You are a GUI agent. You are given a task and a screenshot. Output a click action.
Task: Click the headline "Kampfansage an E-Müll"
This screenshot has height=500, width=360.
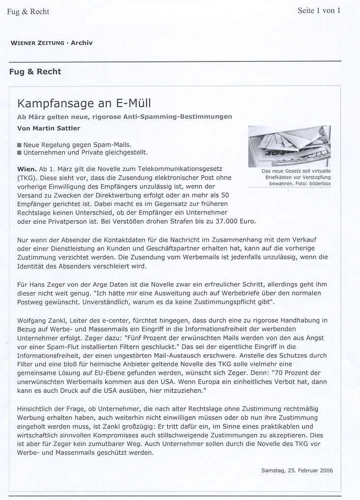(84, 104)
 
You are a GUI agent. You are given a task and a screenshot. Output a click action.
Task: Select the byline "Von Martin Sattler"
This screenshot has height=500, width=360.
(49, 128)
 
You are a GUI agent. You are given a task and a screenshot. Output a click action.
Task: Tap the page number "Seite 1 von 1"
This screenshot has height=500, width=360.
(319, 10)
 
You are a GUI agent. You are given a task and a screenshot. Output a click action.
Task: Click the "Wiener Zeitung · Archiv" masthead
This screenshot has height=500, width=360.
(52, 43)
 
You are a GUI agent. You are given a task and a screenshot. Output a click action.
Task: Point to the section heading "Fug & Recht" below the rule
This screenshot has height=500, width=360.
(35, 72)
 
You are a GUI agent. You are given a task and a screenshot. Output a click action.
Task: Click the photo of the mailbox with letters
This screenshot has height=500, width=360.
(289, 146)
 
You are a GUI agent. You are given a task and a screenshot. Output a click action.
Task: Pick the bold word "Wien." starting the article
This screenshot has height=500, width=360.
(27, 169)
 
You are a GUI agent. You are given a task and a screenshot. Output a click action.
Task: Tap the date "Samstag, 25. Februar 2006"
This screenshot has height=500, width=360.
(297, 471)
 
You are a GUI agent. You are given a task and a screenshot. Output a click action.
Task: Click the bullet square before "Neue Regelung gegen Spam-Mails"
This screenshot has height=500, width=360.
(19, 145)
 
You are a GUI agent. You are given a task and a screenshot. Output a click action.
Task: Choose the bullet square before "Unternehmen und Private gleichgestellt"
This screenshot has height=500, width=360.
(19, 153)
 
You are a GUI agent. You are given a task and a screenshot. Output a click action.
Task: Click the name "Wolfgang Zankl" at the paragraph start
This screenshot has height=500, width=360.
(42, 320)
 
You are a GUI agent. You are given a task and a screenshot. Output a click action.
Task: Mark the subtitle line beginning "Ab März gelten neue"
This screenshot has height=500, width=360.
(124, 116)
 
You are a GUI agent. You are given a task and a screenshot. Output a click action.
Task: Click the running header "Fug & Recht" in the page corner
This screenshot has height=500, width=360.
(28, 12)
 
